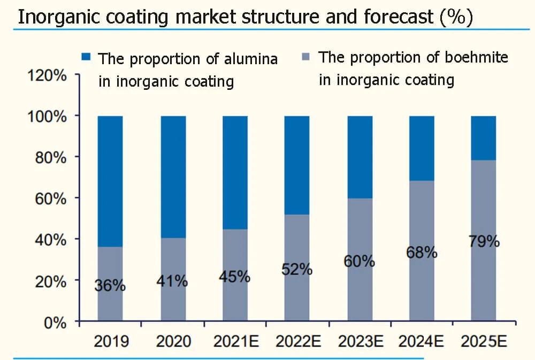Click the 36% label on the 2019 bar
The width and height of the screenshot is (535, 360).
coord(110,286)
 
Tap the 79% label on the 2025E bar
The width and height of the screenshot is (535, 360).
coord(484,241)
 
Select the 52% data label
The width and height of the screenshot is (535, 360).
coord(297,269)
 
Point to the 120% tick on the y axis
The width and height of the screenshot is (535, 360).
coord(47,75)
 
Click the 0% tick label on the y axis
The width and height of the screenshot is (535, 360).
coord(55,322)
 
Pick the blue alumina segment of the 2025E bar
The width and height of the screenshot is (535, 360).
coord(484,137)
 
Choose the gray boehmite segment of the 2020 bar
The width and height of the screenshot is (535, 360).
coord(173,300)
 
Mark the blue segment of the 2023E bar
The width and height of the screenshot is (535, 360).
coord(360,157)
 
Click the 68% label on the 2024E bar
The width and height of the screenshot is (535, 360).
coord(422,252)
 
